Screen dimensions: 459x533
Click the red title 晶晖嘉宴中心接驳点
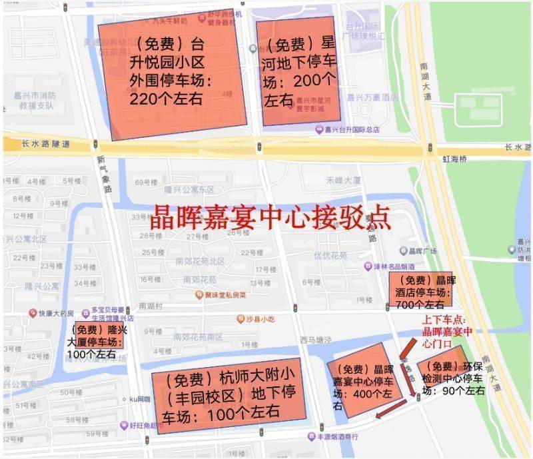269,217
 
